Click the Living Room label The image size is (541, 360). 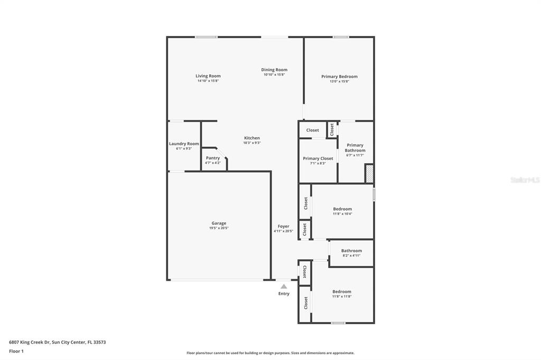click(x=208, y=76)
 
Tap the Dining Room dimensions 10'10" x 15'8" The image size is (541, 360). click(x=274, y=74)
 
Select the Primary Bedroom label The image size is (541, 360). click(x=340, y=77)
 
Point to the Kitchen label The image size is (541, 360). click(x=252, y=138)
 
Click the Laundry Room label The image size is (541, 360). click(x=184, y=144)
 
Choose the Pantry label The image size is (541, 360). click(x=213, y=158)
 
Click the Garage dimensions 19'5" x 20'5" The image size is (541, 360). click(x=219, y=228)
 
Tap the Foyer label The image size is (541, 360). click(x=284, y=226)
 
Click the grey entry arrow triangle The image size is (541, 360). click(x=284, y=286)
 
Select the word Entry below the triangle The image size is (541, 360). click(x=284, y=294)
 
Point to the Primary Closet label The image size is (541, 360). click(x=318, y=158)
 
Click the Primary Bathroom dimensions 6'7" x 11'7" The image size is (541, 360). click(x=355, y=155)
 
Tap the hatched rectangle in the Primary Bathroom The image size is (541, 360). click(x=369, y=174)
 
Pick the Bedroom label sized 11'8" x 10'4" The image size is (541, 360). click(x=342, y=209)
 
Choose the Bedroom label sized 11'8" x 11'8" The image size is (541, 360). click(x=342, y=292)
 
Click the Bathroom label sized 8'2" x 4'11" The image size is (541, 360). click(x=351, y=251)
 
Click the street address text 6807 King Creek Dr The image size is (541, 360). click(x=30, y=343)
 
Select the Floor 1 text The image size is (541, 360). click(x=16, y=352)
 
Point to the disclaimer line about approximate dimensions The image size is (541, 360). click(x=270, y=353)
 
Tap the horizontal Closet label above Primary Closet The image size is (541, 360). click(x=313, y=130)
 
